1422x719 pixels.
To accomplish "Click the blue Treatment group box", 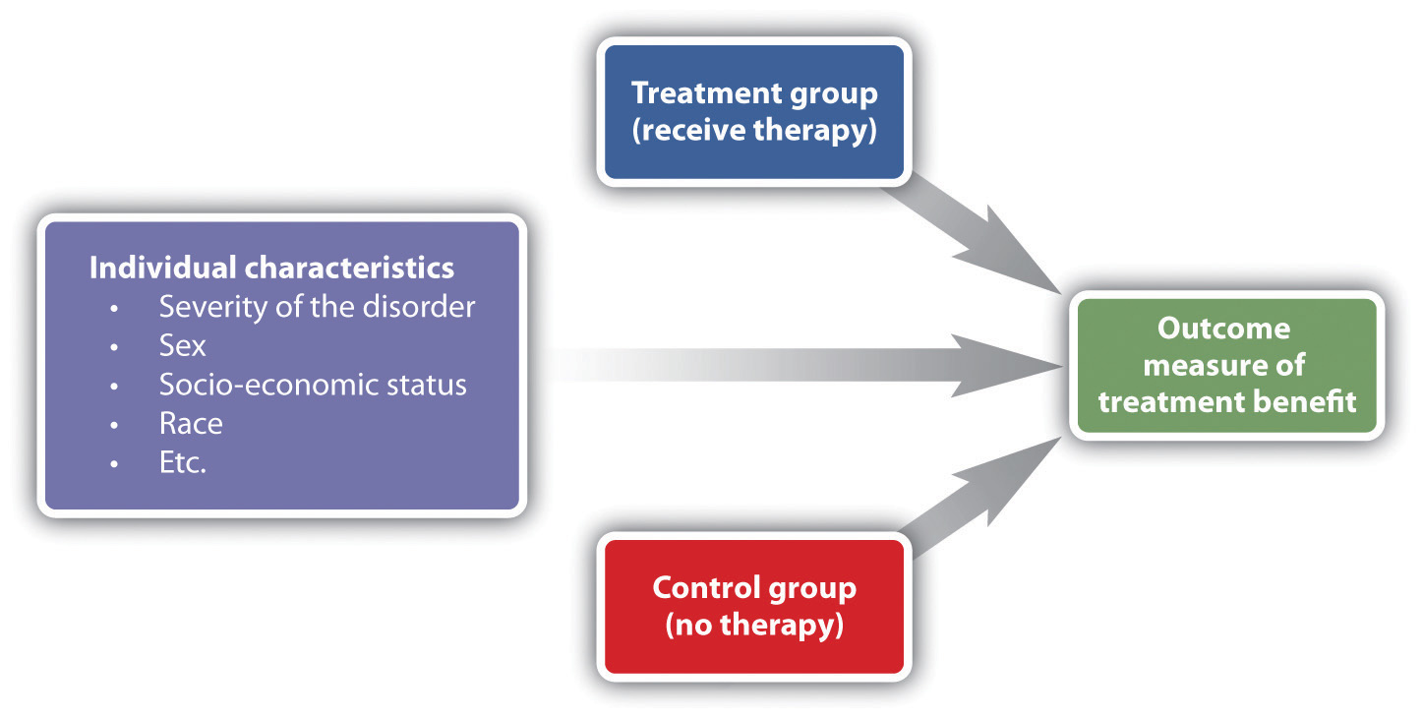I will (x=753, y=112).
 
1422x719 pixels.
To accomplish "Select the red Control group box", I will (x=753, y=607).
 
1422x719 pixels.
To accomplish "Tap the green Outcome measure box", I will (x=1226, y=366).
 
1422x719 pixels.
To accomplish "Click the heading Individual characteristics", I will (x=271, y=268).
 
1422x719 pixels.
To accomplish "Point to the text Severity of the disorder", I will (x=317, y=307).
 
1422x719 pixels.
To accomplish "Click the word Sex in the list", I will (x=183, y=345).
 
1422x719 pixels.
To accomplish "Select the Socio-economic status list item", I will (x=313, y=384).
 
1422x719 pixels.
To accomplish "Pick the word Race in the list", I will (x=191, y=423).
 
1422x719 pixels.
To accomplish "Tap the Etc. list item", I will (x=183, y=462).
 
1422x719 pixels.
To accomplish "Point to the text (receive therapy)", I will (x=753, y=131).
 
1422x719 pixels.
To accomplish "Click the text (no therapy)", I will (x=753, y=626).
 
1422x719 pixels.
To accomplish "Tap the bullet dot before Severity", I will (x=116, y=309).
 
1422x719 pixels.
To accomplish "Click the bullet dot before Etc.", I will (x=116, y=464).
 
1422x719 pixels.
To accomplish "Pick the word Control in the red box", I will (x=708, y=588).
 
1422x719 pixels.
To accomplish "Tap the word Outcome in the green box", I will (x=1223, y=328).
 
